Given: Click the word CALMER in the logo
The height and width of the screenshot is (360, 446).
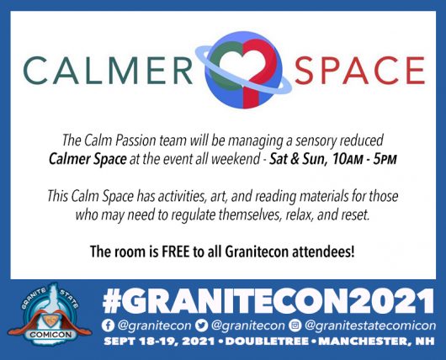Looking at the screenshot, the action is pyautogui.click(x=108, y=70).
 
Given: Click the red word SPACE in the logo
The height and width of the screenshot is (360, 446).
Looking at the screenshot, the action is pyautogui.click(x=360, y=70).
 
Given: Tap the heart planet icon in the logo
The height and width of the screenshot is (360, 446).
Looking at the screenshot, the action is pyautogui.click(x=244, y=70).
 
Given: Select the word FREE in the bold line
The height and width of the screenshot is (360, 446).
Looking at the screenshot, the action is pyautogui.click(x=175, y=251).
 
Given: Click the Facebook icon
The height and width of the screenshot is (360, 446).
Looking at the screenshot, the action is pyautogui.click(x=108, y=326).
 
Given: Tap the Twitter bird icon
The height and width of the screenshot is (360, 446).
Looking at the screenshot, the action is pyautogui.click(x=201, y=326).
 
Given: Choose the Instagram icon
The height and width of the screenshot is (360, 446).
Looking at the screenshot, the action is pyautogui.click(x=295, y=326).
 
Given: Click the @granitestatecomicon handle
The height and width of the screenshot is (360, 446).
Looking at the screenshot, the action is pyautogui.click(x=370, y=326).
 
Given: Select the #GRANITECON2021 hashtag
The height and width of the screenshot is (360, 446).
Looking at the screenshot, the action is pyautogui.click(x=268, y=302).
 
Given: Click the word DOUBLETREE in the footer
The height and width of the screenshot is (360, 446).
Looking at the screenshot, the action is pyautogui.click(x=267, y=341).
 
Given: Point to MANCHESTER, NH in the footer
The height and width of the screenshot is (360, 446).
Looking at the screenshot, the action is pyautogui.click(x=376, y=341).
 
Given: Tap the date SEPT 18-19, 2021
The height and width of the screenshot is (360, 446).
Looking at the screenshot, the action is pyautogui.click(x=159, y=341).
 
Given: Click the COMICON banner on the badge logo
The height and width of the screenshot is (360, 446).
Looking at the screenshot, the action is pyautogui.click(x=50, y=335).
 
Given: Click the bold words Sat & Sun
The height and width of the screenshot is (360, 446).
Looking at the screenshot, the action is pyautogui.click(x=297, y=159).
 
